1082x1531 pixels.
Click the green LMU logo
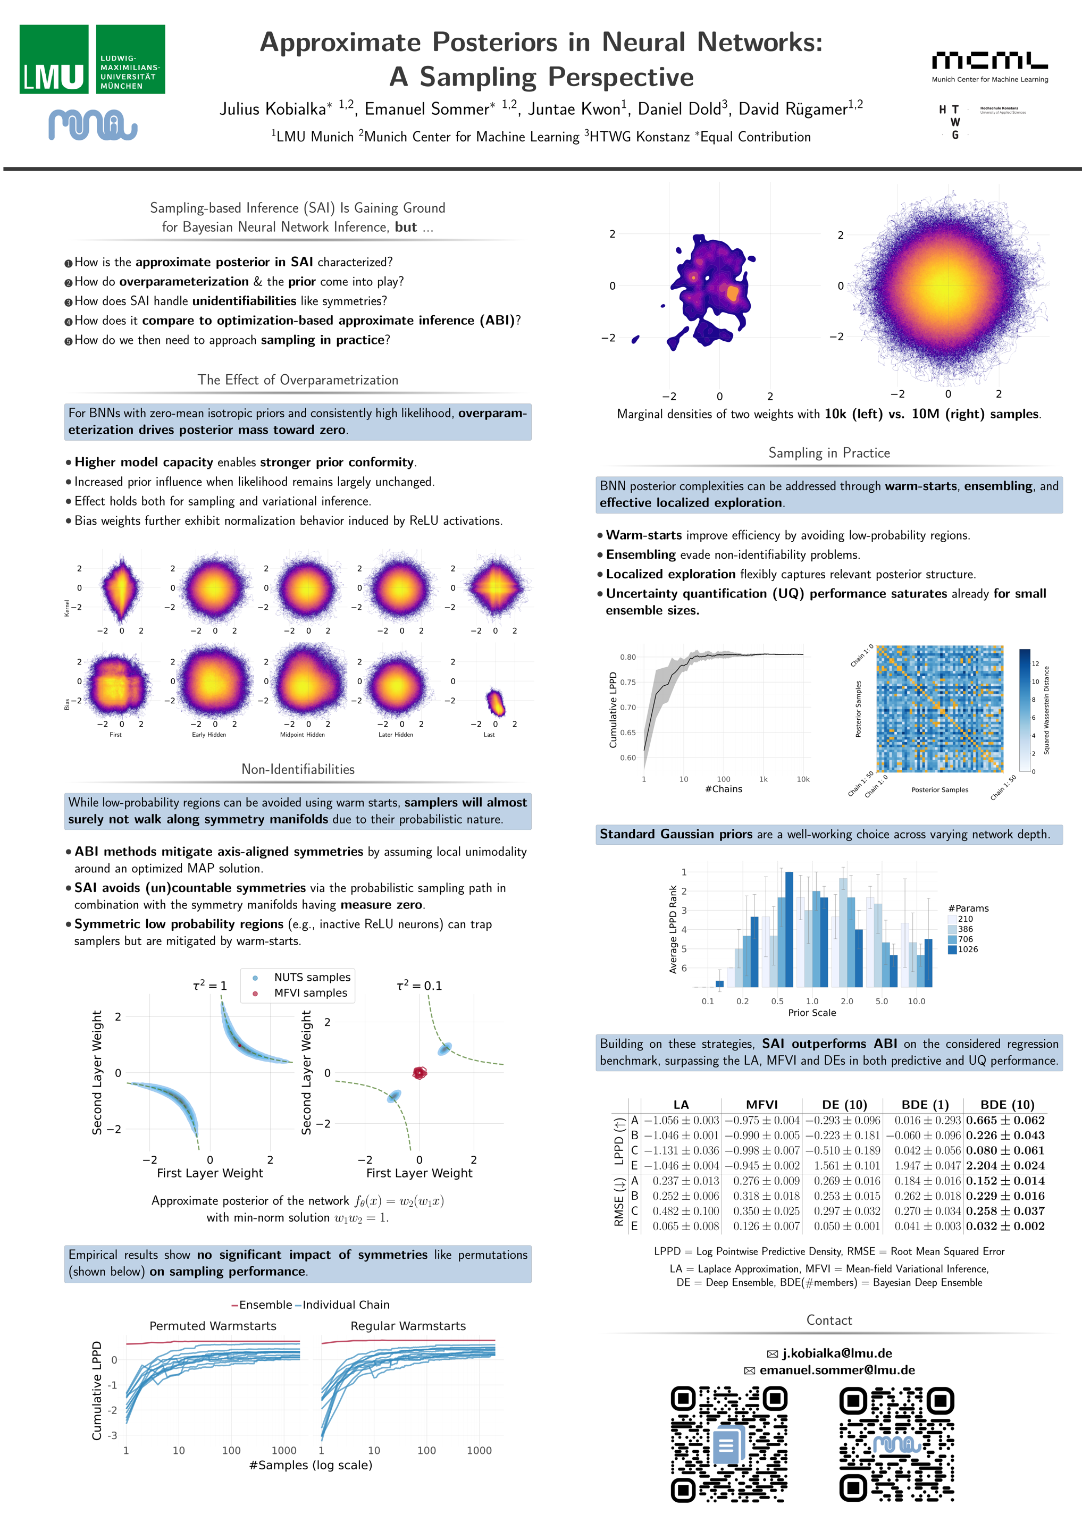(92, 60)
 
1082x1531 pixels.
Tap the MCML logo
(989, 65)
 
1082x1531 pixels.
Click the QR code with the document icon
(728, 1444)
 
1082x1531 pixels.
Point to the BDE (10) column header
(1006, 1105)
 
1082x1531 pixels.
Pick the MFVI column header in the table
(762, 1105)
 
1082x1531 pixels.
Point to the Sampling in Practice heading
(828, 453)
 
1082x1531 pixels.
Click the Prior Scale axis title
(812, 1012)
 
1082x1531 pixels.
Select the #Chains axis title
(723, 789)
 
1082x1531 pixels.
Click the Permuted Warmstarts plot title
(213, 1326)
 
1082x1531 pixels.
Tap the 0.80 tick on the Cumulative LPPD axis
(628, 657)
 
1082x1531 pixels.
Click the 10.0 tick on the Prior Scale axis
(916, 1001)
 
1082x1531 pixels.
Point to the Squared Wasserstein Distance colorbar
(1025, 710)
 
